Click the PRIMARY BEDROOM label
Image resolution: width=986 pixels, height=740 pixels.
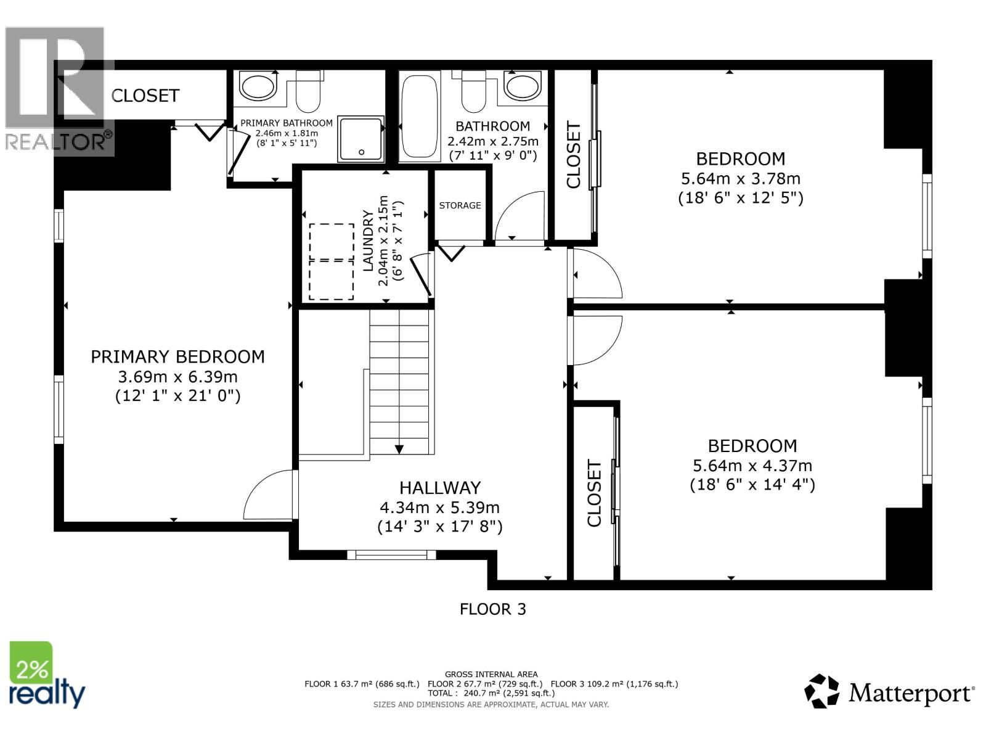tap(177, 356)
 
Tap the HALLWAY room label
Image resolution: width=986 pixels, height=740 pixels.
tap(439, 488)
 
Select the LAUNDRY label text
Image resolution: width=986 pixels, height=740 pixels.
tap(368, 240)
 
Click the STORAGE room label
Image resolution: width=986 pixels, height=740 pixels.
tap(460, 205)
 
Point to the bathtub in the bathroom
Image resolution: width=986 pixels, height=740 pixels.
tap(420, 116)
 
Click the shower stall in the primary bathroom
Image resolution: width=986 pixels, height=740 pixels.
tap(360, 139)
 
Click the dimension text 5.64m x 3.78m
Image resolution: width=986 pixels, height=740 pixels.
tap(740, 179)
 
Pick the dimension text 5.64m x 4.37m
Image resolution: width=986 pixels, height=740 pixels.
tap(752, 466)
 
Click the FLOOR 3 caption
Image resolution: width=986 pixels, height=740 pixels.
tap(492, 609)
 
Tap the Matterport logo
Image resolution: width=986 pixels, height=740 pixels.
tap(889, 692)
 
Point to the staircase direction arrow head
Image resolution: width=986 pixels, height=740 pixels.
tap(399, 449)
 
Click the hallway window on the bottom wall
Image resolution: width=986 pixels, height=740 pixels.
tap(391, 555)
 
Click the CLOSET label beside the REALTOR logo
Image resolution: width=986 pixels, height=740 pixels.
tap(145, 96)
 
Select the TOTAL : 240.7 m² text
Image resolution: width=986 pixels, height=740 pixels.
tap(491, 693)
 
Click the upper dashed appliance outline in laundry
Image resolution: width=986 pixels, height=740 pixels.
tap(332, 241)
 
